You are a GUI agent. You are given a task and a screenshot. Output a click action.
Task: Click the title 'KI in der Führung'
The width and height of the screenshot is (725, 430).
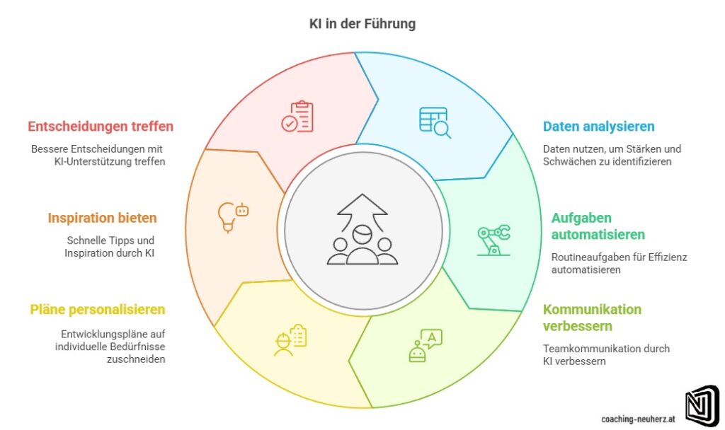click(x=362, y=24)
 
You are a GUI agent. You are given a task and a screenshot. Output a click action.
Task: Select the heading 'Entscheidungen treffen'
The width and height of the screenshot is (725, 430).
click(x=101, y=127)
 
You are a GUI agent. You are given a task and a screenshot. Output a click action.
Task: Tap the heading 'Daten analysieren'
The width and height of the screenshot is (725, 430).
click(x=599, y=127)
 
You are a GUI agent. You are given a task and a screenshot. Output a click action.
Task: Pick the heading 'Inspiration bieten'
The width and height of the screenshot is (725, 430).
click(x=102, y=218)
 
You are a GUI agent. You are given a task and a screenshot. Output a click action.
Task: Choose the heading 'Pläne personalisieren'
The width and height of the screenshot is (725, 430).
click(x=98, y=310)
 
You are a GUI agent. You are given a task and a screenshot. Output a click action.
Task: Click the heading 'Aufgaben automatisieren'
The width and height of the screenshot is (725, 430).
click(x=598, y=226)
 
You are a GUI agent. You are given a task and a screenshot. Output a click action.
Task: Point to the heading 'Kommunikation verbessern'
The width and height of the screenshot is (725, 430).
click(x=592, y=318)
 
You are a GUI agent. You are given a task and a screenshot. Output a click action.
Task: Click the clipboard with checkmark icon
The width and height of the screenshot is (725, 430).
click(x=297, y=117)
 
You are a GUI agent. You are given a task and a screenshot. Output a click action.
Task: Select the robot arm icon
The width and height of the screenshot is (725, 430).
click(x=493, y=240)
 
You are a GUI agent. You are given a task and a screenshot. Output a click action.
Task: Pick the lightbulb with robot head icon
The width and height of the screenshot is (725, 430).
click(x=233, y=217)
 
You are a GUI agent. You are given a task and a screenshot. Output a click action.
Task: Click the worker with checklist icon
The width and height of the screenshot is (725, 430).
click(x=290, y=340)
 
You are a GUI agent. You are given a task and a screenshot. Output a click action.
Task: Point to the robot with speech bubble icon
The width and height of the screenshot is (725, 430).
click(x=426, y=345)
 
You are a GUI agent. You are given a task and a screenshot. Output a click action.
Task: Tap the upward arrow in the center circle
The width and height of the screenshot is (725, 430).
click(x=362, y=212)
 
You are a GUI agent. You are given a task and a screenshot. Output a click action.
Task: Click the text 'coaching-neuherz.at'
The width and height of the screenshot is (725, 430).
click(x=638, y=419)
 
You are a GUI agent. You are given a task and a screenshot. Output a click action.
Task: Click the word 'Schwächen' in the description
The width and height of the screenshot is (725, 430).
click(x=566, y=162)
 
